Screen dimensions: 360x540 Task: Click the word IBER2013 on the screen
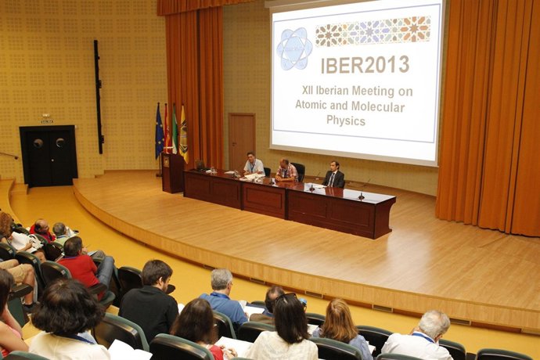(365, 64)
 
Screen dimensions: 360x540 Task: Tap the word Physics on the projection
(346, 121)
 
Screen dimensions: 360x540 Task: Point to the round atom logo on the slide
(294, 49)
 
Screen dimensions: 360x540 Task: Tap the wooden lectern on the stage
(172, 172)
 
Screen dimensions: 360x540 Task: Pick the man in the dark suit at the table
(334, 176)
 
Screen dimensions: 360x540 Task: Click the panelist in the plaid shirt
(286, 171)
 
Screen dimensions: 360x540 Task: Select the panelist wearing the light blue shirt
(253, 165)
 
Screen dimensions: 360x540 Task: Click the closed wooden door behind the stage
(242, 141)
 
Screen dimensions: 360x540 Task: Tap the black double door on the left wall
(49, 155)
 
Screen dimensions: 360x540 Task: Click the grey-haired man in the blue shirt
(222, 297)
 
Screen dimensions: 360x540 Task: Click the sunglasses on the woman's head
(286, 297)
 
